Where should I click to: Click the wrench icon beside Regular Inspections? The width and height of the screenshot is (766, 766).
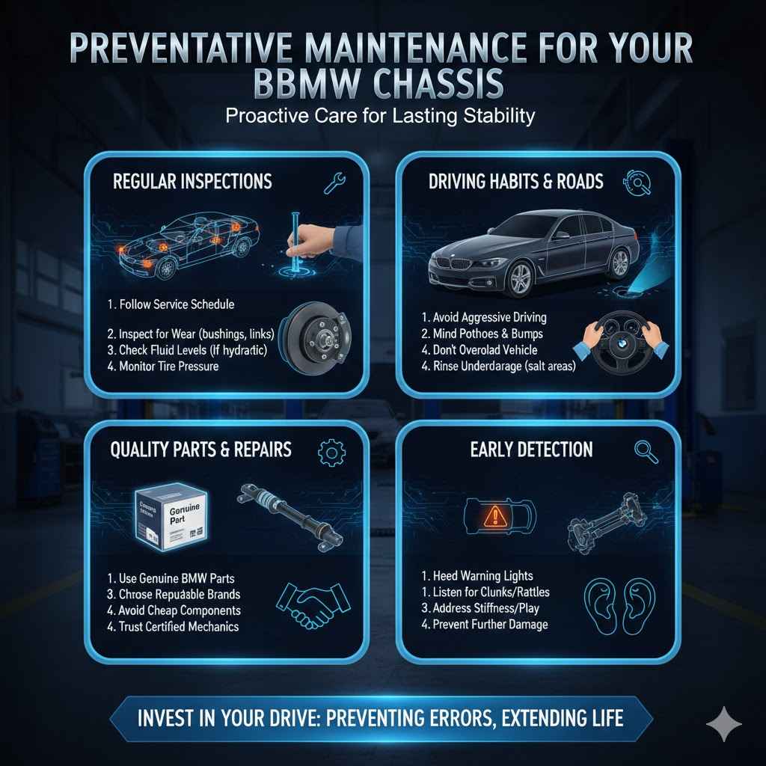click(333, 183)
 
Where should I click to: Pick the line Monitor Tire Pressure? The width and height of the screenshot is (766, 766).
click(169, 367)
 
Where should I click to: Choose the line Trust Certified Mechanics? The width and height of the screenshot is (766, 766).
click(178, 625)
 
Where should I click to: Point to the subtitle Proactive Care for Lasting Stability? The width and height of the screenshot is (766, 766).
click(382, 117)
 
